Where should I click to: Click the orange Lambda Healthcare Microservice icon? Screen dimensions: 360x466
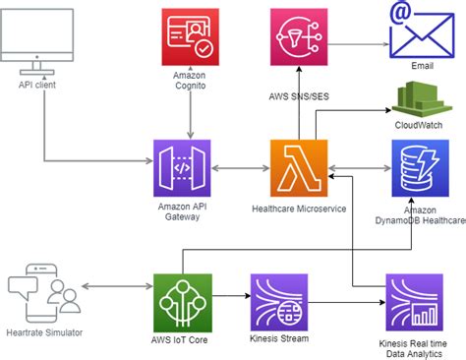[299, 168]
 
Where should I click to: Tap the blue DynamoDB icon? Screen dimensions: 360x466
[420, 168]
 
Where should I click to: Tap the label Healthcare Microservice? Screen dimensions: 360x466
[299, 209]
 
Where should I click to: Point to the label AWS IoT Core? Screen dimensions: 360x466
[184, 339]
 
